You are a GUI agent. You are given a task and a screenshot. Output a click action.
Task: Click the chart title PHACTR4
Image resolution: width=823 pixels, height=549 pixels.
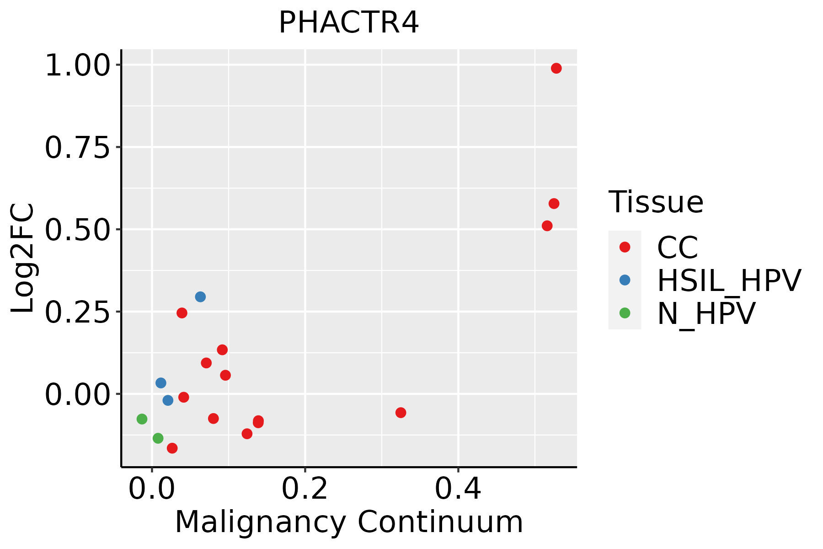point(348,23)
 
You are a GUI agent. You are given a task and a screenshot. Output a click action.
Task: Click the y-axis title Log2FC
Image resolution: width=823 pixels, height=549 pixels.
point(23,258)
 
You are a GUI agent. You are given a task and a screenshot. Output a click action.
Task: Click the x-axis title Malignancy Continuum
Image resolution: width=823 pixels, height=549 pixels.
point(348,522)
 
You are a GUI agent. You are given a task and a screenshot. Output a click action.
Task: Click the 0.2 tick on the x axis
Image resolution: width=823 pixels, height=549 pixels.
point(305,489)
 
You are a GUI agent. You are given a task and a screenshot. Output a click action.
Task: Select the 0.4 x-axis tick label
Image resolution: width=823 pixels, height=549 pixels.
point(458,489)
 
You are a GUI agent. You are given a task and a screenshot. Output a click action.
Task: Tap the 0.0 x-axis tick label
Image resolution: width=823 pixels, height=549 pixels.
point(152,489)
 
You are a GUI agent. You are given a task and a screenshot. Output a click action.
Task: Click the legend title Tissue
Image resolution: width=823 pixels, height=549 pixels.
point(656,202)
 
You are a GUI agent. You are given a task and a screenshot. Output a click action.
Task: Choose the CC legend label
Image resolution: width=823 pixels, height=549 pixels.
point(677,248)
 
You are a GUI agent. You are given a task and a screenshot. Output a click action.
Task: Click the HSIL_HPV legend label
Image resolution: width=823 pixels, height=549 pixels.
point(729,280)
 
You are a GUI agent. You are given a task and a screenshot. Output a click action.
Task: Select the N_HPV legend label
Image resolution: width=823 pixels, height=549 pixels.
point(706,313)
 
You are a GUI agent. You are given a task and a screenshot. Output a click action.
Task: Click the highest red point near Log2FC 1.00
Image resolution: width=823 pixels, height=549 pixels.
point(556,68)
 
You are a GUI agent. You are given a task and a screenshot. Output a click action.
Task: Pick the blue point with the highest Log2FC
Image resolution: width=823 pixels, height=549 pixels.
point(200,297)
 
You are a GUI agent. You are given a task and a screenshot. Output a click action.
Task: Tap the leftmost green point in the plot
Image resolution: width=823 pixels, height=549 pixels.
point(142,419)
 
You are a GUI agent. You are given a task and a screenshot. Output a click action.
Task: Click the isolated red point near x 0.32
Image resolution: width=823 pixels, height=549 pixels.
point(401,413)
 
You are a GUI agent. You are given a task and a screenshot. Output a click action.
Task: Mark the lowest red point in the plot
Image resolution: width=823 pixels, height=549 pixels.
point(172,448)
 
